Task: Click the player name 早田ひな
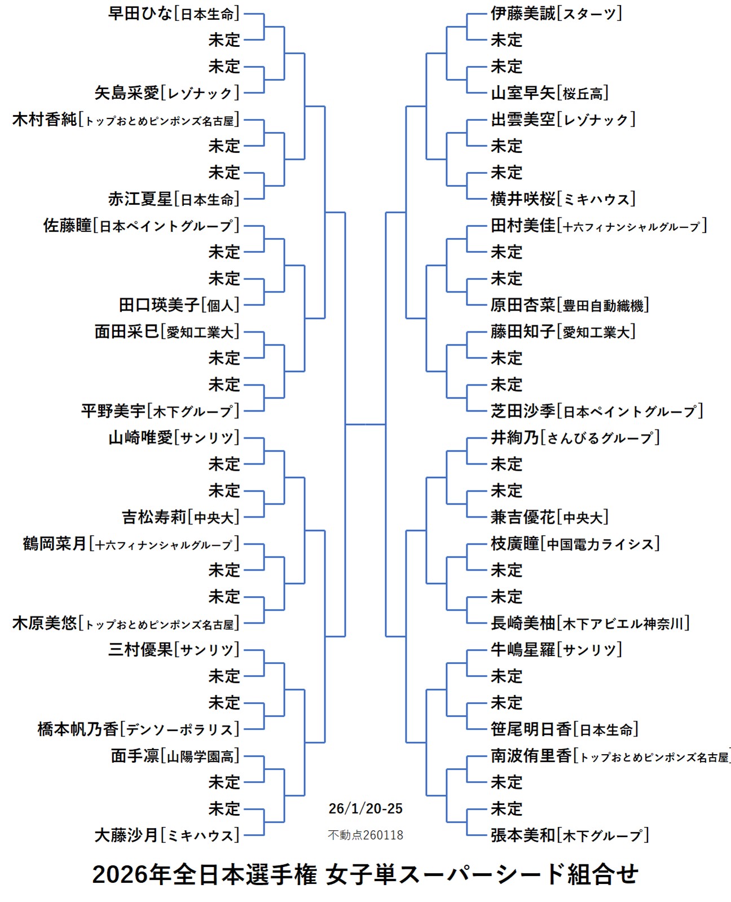pyautogui.click(x=140, y=14)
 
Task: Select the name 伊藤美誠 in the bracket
pyautogui.click(x=523, y=14)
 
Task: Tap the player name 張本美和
pyautogui.click(x=523, y=835)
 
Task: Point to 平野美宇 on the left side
pyautogui.click(x=113, y=411)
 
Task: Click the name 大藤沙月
pyautogui.click(x=126, y=835)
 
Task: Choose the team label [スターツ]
pyautogui.click(x=589, y=14)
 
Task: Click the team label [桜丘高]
pyautogui.click(x=583, y=93)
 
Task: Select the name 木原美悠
pyautogui.click(x=45, y=623)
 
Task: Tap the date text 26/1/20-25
pyautogui.click(x=365, y=809)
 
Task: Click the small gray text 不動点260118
pyautogui.click(x=365, y=835)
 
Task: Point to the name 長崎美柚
pyautogui.click(x=523, y=623)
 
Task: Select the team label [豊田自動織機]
pyautogui.click(x=603, y=305)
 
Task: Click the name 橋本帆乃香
pyautogui.click(x=78, y=729)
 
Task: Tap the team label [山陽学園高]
pyautogui.click(x=200, y=756)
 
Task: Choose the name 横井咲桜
pyautogui.click(x=523, y=199)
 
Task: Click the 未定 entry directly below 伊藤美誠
pyautogui.click(x=506, y=40)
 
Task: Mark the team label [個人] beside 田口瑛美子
pyautogui.click(x=220, y=305)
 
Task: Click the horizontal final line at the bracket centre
pyautogui.click(x=365, y=424)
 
